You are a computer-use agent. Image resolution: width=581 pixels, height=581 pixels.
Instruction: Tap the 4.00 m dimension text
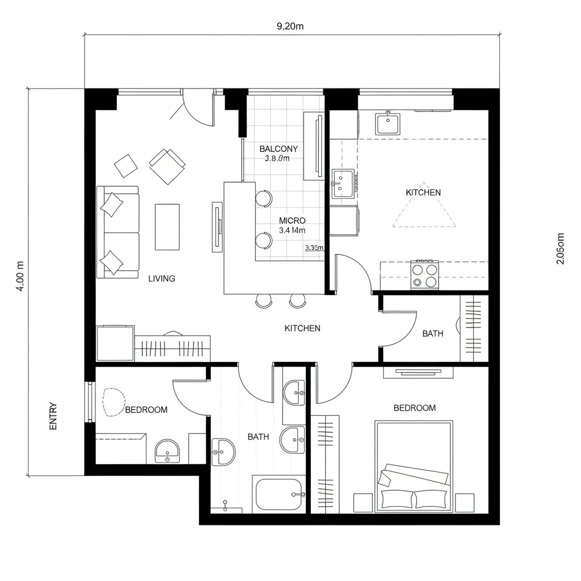[x=20, y=276]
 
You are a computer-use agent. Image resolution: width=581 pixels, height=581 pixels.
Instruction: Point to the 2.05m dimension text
[x=561, y=249]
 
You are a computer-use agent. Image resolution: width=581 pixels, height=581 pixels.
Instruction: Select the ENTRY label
[x=53, y=416]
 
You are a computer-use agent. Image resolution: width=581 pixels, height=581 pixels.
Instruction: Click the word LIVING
[x=162, y=279]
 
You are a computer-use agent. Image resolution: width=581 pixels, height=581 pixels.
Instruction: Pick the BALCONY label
[x=279, y=149]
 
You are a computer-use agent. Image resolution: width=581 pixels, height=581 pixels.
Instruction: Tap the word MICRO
[x=292, y=220]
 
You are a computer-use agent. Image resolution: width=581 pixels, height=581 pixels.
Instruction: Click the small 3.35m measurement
[x=314, y=247]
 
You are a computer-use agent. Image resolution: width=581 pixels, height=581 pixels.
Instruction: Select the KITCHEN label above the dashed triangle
[x=423, y=192]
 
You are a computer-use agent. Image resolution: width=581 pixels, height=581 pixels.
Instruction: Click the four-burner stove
[x=425, y=275]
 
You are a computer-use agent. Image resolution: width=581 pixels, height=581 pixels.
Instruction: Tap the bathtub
[x=279, y=495]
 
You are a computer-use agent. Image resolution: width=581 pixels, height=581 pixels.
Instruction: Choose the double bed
[x=414, y=465]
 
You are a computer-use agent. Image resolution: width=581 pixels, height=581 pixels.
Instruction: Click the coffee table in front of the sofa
[x=167, y=227]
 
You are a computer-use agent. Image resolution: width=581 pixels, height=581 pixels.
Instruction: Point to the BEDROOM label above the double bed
[x=415, y=408]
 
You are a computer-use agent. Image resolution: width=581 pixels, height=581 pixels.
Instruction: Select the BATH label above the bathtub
[x=258, y=437]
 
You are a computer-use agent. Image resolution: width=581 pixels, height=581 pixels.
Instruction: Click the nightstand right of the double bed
[x=464, y=502]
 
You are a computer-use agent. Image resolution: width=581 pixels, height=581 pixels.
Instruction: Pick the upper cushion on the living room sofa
[x=112, y=204]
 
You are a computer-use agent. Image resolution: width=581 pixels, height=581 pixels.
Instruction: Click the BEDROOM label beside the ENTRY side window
[x=146, y=410]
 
